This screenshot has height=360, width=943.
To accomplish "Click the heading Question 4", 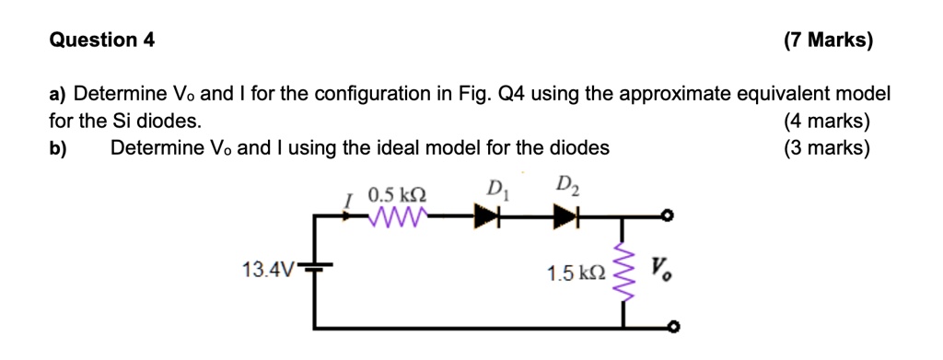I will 101,40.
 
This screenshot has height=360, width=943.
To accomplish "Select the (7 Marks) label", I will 827,40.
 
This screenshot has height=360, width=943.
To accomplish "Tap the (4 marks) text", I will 826,121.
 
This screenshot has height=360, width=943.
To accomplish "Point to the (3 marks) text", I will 826,147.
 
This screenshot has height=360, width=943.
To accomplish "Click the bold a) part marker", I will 58,94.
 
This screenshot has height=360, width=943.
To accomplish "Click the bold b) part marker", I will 58,147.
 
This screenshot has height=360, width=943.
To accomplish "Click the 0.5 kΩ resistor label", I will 397,196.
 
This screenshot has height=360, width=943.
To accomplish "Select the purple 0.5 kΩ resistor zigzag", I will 397,217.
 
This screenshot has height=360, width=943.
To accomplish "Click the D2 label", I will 568,190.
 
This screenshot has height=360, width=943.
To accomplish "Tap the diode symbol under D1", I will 489,217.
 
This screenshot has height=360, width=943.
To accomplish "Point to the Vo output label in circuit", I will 660,270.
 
